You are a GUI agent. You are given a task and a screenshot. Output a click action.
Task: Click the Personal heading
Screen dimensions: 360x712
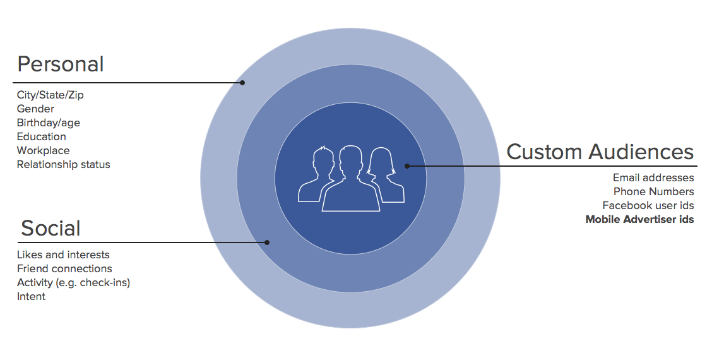(61, 64)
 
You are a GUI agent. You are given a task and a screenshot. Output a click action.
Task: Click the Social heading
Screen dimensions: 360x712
(50, 228)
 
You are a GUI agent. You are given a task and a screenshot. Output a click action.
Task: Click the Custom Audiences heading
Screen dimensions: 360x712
(600, 152)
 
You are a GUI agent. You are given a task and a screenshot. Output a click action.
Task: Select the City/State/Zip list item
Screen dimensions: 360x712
(50, 95)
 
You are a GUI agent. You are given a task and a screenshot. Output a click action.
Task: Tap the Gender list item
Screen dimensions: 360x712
(35, 109)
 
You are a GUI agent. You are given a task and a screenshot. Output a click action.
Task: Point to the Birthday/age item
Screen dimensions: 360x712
(49, 123)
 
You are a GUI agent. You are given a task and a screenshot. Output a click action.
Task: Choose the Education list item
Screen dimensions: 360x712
(42, 136)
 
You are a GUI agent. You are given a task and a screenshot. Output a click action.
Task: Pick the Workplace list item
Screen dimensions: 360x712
(44, 150)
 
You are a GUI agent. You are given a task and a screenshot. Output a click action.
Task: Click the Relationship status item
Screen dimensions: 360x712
(64, 164)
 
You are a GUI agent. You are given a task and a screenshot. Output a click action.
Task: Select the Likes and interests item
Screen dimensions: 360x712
(63, 255)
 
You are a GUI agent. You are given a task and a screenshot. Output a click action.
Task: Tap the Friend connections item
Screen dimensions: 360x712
(64, 268)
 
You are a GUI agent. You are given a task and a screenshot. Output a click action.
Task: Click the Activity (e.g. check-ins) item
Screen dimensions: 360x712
(73, 282)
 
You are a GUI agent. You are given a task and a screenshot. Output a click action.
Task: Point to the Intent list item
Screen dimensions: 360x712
(31, 296)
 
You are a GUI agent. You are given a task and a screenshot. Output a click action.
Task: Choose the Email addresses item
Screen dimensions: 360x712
(653, 178)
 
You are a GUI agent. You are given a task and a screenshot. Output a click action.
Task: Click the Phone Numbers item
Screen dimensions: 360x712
(654, 191)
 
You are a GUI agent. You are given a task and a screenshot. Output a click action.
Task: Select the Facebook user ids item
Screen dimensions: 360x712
(648, 205)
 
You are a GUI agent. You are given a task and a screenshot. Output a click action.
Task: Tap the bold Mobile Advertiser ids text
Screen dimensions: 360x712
(639, 219)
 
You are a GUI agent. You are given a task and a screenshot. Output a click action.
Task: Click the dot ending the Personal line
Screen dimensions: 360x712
(242, 83)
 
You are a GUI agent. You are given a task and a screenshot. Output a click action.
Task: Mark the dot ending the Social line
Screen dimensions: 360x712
(267, 243)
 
